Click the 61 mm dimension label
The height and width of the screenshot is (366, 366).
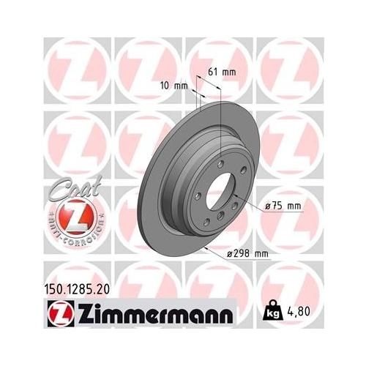tap(223, 72)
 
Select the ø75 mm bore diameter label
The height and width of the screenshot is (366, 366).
tap(283, 206)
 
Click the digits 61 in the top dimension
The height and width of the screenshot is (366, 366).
tap(214, 72)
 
